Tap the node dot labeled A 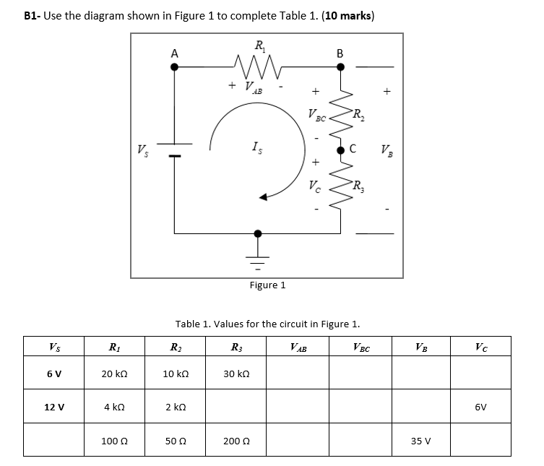point(173,66)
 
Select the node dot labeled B point(340,66)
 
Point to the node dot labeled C point(340,150)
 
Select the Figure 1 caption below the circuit point(267,285)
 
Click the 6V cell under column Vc point(483,407)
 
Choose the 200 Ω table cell point(238,441)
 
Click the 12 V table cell point(53,407)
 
